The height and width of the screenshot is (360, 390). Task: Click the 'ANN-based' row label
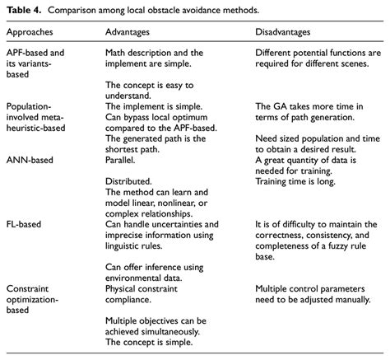point(31,160)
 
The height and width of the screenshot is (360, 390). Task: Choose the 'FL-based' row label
point(26,224)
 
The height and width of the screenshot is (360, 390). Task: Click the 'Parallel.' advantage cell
point(121,160)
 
